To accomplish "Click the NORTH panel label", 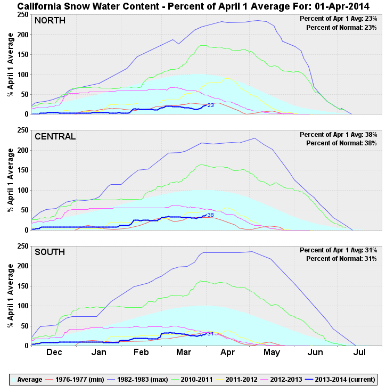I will (51, 20).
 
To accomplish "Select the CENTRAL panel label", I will (55, 136).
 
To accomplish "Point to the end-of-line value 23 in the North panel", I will (210, 105).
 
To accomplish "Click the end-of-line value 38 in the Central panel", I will (210, 215).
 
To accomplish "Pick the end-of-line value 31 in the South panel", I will (210, 334).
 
